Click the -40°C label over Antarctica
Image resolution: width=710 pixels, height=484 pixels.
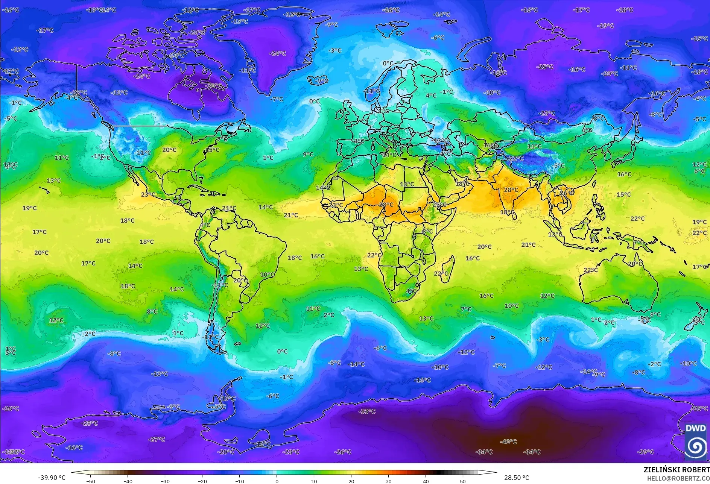(508, 442)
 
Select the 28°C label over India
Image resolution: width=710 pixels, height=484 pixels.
(511, 190)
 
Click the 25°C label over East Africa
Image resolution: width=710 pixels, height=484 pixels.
(439, 205)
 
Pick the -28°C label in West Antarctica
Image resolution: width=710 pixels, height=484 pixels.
(89, 423)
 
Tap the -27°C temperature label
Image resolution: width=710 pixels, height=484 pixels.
(157, 439)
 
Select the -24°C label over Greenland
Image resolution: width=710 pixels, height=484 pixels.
(278, 53)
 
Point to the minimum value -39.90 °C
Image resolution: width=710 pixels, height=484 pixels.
(52, 478)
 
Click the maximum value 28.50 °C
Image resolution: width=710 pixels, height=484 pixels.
(516, 478)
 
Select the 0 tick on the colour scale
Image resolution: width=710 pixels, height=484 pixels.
(277, 481)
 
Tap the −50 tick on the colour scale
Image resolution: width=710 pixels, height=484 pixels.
(90, 481)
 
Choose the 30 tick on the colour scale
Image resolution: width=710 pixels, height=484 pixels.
(388, 481)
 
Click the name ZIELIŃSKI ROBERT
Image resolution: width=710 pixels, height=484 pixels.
(676, 470)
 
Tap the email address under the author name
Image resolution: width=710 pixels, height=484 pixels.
(678, 478)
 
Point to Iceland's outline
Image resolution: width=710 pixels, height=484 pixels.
(318, 80)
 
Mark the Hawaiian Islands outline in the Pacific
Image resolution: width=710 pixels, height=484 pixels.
(45, 190)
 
